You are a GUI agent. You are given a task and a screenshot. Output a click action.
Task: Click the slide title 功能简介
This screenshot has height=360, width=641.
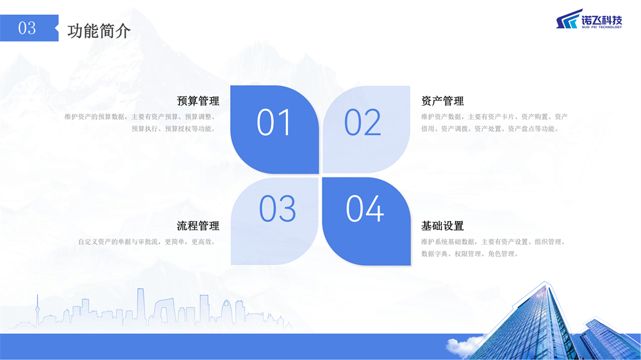[99, 31]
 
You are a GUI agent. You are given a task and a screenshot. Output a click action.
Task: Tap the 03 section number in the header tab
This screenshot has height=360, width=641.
[27, 28]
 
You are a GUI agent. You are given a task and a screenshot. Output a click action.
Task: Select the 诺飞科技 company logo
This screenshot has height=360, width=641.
[589, 19]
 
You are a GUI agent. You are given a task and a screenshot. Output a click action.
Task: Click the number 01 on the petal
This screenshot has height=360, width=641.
[274, 122]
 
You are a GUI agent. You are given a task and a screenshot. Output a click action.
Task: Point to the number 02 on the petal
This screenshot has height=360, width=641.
[363, 122]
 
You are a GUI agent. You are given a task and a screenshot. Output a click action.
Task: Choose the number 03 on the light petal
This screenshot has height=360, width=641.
[278, 208]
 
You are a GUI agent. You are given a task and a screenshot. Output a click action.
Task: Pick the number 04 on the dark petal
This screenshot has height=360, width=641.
[365, 208]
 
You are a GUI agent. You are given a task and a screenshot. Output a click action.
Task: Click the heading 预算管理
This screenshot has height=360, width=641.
[198, 101]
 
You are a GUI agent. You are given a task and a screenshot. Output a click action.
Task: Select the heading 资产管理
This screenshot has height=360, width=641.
[443, 101]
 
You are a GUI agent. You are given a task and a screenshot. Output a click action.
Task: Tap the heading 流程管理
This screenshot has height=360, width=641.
[198, 225]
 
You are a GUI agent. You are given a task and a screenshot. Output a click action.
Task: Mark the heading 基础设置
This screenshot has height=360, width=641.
[443, 225]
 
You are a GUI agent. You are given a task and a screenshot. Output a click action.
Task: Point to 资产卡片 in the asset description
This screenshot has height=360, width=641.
[501, 117]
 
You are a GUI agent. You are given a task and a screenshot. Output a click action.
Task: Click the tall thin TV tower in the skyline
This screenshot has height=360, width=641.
[37, 311]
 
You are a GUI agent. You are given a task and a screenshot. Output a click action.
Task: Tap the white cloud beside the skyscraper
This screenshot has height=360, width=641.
[465, 345]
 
